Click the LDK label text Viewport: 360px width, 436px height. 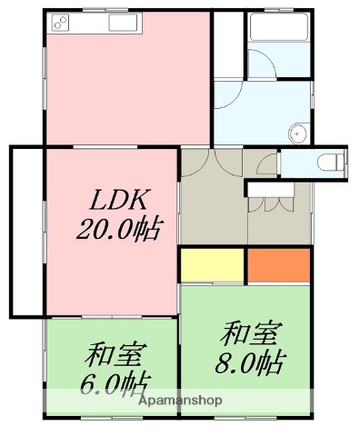pos(117,199)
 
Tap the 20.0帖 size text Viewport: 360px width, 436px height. pos(117,230)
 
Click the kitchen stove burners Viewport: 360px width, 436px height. pos(63,21)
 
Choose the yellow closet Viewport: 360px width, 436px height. pos(212,264)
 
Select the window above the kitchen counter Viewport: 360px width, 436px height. pos(91,8)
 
